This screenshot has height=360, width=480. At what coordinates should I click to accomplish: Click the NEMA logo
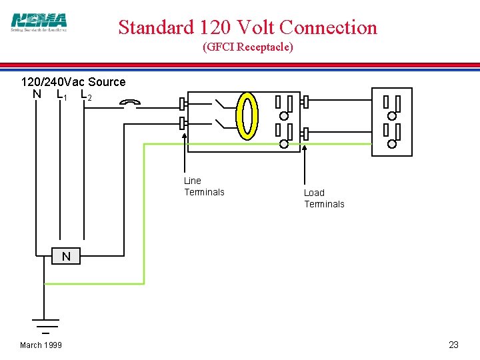tap(39, 23)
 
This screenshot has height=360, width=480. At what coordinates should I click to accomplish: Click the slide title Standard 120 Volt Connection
tap(247, 27)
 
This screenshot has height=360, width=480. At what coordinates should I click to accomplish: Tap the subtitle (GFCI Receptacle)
tap(247, 47)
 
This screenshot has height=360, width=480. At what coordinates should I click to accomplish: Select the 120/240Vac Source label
tap(73, 82)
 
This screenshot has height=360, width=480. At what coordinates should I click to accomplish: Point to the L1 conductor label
tap(61, 95)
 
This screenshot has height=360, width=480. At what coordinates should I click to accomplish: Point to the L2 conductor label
tap(85, 95)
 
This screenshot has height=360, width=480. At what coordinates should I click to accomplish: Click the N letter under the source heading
tap(37, 94)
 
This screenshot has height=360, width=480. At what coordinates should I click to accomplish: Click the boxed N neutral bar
tap(65, 256)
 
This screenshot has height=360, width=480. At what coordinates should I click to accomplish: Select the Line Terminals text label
tap(204, 187)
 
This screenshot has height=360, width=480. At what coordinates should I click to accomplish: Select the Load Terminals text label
tap(324, 199)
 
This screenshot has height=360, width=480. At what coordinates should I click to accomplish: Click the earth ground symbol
tap(45, 325)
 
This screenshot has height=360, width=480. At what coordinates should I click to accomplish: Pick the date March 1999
tap(41, 345)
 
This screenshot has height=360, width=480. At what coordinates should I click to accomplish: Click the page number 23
tap(453, 345)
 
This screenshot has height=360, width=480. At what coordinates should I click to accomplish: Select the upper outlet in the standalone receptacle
tap(391, 106)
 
